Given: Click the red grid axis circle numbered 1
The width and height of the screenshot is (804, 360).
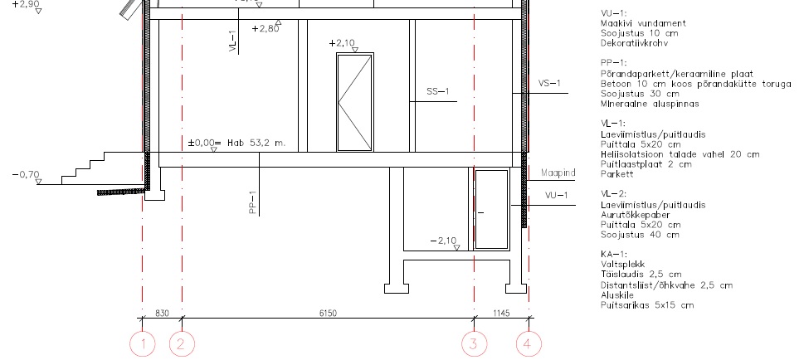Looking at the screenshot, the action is click(143, 343).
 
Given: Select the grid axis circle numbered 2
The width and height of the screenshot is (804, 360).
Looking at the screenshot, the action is click(182, 343).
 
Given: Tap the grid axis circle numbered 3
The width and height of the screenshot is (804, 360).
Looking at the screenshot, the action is click(475, 343).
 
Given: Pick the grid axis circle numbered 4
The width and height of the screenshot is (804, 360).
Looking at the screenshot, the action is click(529, 343).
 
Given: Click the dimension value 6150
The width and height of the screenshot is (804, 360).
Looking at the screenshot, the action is click(329, 313).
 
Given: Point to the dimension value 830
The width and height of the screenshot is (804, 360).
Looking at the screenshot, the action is click(162, 313).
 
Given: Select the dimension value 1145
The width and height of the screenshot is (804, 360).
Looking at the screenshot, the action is click(501, 313).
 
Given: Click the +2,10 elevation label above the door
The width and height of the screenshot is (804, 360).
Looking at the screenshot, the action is click(342, 43).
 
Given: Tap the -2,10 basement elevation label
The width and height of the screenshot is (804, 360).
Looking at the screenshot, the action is click(443, 241).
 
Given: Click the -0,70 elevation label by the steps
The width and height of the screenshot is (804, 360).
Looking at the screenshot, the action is click(26, 175).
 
